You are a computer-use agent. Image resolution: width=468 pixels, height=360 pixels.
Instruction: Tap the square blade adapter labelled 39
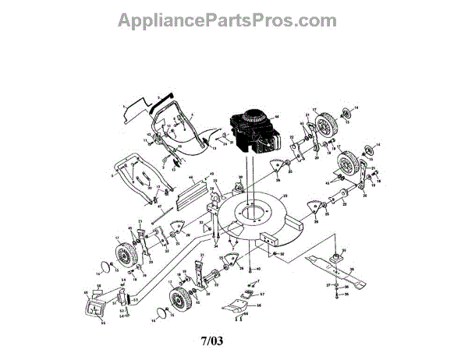pyautogui.click(x=338, y=255)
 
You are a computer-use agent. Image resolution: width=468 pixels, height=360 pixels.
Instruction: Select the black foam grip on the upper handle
pyautogui.click(x=165, y=100)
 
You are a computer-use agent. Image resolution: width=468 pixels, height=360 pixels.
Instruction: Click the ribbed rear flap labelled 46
pyautogui.click(x=187, y=194)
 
